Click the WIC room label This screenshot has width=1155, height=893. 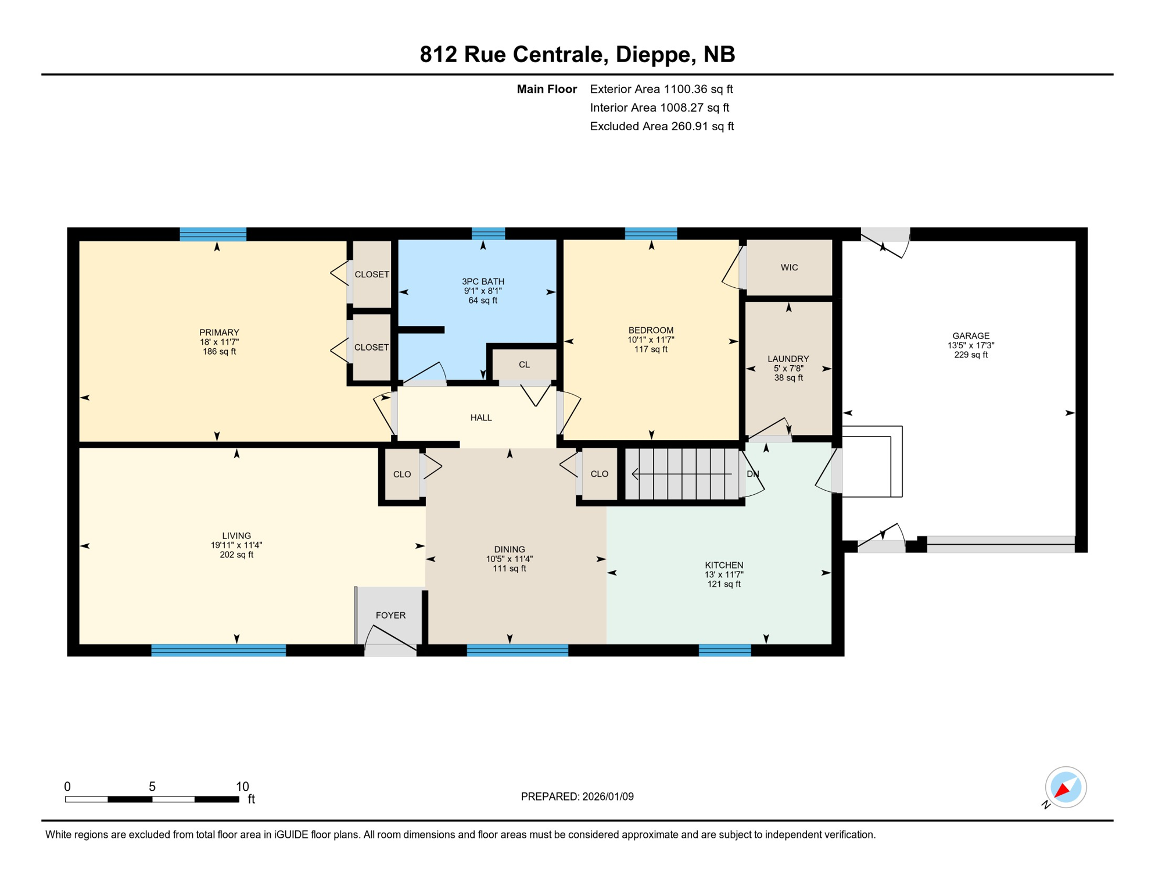click(789, 267)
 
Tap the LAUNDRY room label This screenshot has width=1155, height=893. click(788, 359)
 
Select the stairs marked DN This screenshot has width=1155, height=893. click(682, 474)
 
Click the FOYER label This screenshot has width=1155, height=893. click(390, 615)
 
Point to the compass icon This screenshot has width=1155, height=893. click(1066, 787)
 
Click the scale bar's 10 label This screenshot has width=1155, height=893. click(242, 787)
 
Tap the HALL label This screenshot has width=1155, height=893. click(481, 417)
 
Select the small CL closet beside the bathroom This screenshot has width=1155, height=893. click(524, 365)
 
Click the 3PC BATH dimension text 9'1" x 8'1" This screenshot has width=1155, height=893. click(482, 291)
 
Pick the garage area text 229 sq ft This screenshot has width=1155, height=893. click(970, 355)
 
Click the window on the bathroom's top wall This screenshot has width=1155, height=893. click(488, 234)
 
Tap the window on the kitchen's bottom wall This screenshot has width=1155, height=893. click(724, 650)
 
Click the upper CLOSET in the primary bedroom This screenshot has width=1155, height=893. click(372, 274)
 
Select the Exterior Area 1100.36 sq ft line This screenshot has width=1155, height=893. click(661, 89)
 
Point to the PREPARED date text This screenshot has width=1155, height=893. click(577, 796)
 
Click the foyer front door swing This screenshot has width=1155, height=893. click(390, 640)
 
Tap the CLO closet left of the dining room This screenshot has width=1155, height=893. click(402, 474)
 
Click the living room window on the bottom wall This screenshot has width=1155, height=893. click(218, 650)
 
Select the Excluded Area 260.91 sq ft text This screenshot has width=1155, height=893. click(662, 126)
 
